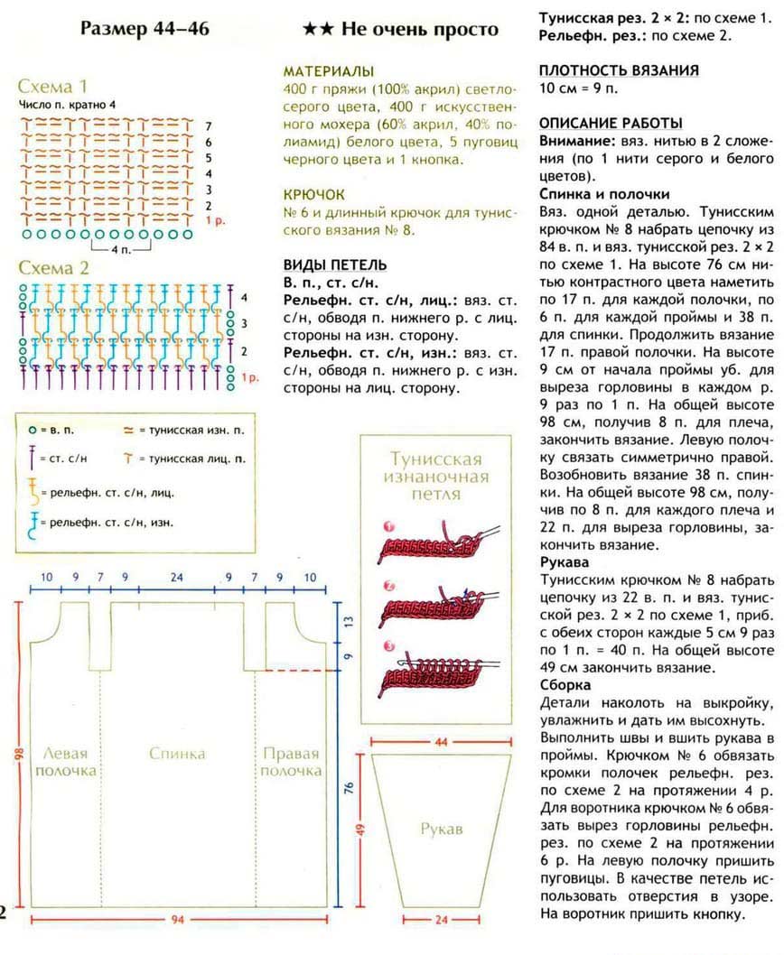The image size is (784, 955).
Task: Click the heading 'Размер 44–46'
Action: tap(145, 29)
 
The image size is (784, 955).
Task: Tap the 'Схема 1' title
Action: tap(53, 87)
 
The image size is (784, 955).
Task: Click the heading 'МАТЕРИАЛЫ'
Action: tap(329, 71)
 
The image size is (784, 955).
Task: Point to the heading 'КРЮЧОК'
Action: tap(313, 195)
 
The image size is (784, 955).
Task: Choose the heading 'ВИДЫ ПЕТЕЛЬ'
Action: tap(335, 264)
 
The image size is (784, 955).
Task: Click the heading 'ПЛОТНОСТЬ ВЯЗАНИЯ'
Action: tap(619, 70)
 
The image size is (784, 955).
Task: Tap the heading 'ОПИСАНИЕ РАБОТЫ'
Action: tap(611, 123)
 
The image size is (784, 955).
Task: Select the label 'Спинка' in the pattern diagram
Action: tap(178, 754)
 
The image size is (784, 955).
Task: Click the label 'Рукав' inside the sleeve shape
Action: tap(442, 828)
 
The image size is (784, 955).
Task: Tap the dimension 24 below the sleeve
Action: tap(442, 921)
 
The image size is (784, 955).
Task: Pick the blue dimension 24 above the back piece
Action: tap(177, 576)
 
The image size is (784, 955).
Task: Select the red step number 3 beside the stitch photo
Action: tap(387, 646)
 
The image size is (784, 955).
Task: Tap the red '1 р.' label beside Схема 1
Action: tap(215, 220)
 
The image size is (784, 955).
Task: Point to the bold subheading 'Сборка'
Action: tap(565, 685)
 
